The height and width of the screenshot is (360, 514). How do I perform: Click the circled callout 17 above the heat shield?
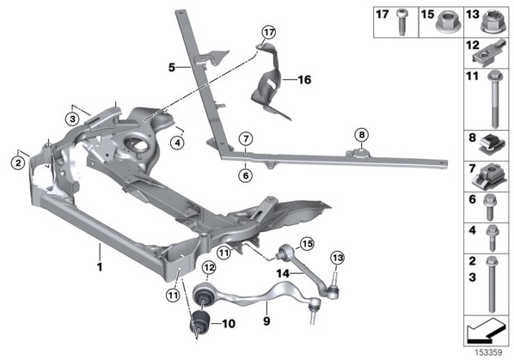[268, 32]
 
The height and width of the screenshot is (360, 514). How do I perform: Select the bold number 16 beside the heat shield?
[304, 80]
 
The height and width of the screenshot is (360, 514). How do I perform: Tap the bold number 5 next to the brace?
[172, 68]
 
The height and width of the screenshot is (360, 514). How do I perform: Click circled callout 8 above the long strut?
[361, 135]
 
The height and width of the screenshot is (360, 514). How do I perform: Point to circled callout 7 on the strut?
[246, 139]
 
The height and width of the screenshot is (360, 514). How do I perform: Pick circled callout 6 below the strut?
[246, 175]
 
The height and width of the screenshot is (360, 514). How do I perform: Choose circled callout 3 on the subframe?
[72, 119]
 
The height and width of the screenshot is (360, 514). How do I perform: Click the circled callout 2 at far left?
[18, 162]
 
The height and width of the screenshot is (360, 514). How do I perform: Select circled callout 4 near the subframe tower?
[177, 143]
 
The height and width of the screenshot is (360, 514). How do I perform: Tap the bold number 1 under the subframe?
[100, 266]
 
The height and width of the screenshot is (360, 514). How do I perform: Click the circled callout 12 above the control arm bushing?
[209, 267]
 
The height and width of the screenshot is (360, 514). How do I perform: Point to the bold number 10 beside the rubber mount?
[229, 324]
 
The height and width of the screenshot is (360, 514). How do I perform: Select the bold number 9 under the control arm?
[266, 320]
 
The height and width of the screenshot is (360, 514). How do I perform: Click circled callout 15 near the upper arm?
[307, 243]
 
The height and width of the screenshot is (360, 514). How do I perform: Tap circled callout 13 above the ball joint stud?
[337, 258]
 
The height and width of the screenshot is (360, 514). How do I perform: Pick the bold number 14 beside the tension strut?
[283, 273]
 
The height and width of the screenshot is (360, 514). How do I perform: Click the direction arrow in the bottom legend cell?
[486, 331]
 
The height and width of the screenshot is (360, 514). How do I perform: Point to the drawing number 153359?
[488, 353]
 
